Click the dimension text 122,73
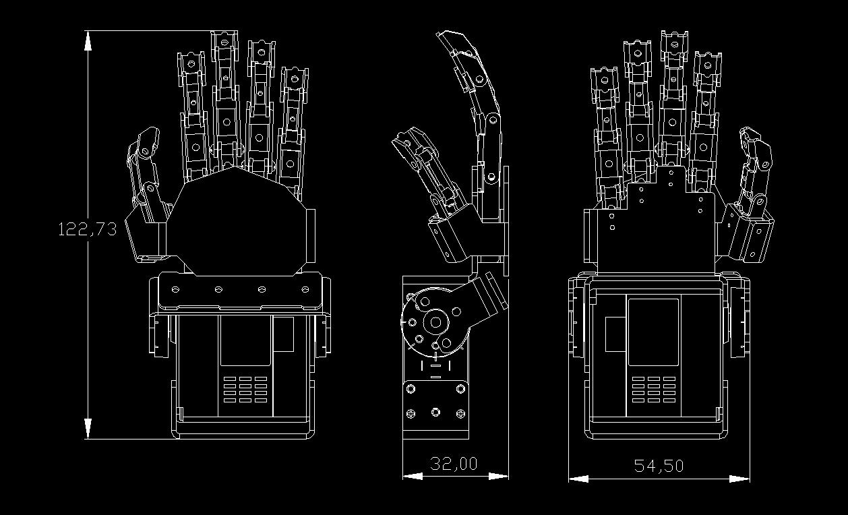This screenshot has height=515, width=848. (88, 229)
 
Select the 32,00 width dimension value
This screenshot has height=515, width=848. (454, 464)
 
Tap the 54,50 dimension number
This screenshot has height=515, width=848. (659, 466)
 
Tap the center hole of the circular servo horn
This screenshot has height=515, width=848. (435, 322)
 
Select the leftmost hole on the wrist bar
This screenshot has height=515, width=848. (175, 289)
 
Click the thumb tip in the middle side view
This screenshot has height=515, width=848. (402, 140)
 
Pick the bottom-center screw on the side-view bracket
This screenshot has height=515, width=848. (435, 412)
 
